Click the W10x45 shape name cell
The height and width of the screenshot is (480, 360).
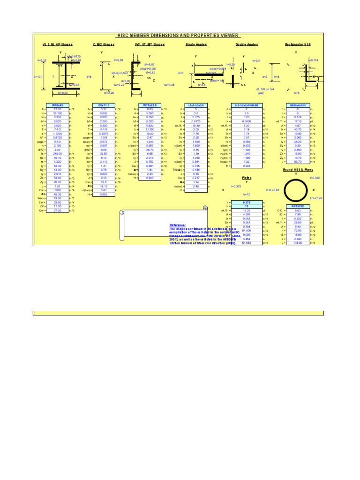tap(58, 106)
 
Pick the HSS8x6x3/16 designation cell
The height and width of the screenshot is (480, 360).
tap(297, 106)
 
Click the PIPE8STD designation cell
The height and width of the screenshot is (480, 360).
tap(297, 205)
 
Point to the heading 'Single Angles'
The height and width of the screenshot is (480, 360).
tap(196, 44)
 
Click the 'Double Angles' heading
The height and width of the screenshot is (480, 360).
tap(247, 44)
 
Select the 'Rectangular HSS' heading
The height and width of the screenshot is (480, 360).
tap(297, 44)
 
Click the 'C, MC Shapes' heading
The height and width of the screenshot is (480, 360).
tap(103, 44)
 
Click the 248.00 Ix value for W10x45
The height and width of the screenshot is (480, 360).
tap(58, 153)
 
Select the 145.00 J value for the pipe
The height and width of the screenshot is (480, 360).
tap(297, 242)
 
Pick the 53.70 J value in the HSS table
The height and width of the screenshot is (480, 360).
tap(297, 161)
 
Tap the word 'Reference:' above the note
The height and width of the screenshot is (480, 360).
tap(178, 225)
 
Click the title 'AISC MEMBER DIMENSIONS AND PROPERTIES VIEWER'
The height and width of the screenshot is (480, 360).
tap(178, 35)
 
